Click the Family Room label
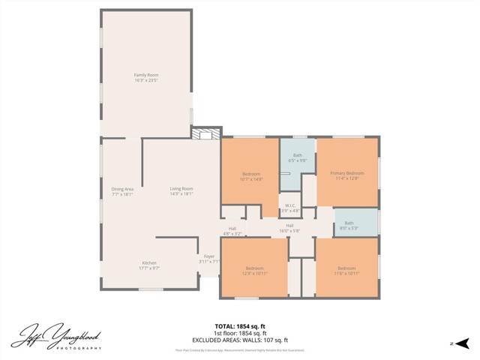coord(145,75)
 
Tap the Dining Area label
coord(122,189)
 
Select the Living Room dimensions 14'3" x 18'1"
coord(181,194)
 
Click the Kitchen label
coord(149,262)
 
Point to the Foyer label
coord(208,258)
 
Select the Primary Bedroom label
coord(347,173)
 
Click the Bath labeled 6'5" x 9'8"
coord(298,155)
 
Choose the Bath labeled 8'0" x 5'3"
coord(349,223)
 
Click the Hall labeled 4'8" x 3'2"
coord(232,229)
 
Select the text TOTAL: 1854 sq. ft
coord(240,326)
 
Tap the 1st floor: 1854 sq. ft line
coord(240,332)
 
